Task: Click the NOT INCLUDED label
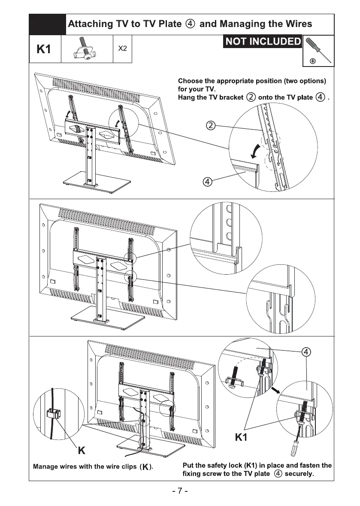pos(263,42)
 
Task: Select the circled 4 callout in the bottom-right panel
pos(306,352)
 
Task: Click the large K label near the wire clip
pos(81,451)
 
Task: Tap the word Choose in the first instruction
pos(191,80)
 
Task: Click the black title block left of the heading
pos(48,24)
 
